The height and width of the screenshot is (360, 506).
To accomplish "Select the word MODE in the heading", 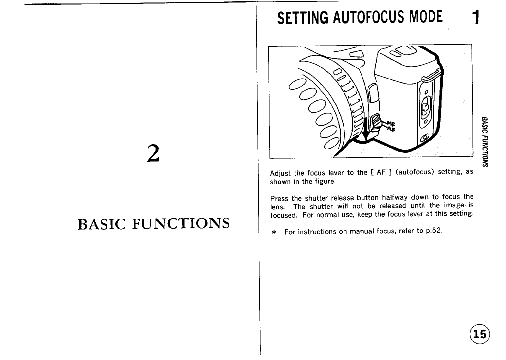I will pos(425,18).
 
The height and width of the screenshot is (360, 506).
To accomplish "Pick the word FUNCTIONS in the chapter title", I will pos(184,223).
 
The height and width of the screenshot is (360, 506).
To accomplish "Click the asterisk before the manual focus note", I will pos(274,232).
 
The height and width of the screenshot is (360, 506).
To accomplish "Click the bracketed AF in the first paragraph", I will pos(377,173).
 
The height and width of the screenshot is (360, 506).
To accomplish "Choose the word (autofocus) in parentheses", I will pos(415,173).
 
